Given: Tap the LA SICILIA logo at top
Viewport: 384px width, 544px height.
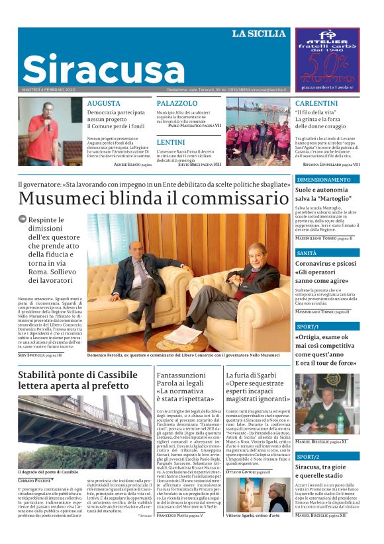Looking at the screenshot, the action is [x=258, y=34].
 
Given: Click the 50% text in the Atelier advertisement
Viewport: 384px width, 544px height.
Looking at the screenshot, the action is [x=326, y=67].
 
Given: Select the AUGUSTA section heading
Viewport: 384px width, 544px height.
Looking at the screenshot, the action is [x=103, y=104].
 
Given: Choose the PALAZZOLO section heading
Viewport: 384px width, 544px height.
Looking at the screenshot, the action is [x=177, y=104].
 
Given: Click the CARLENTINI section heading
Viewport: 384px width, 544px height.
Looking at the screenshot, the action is [x=316, y=104].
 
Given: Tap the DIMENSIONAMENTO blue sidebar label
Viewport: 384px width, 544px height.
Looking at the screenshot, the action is [x=324, y=180].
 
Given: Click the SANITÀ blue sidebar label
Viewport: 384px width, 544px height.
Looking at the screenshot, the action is [x=307, y=253].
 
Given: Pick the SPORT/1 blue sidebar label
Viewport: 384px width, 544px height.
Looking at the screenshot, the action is [x=308, y=327].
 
